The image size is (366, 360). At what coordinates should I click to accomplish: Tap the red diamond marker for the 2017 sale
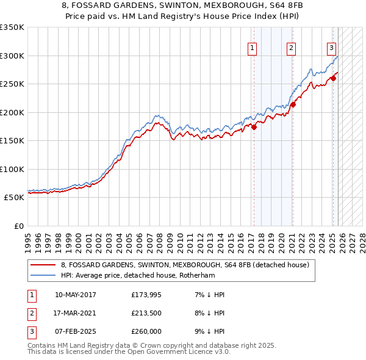tap(254, 127)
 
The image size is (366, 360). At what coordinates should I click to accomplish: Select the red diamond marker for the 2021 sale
tap(293, 104)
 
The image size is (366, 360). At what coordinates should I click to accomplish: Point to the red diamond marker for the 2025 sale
tap(333, 78)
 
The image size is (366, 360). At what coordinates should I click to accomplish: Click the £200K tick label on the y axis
tap(12, 112)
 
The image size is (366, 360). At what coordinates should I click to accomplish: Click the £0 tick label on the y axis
tap(18, 226)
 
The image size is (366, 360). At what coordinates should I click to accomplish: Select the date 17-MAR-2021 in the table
tap(76, 313)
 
